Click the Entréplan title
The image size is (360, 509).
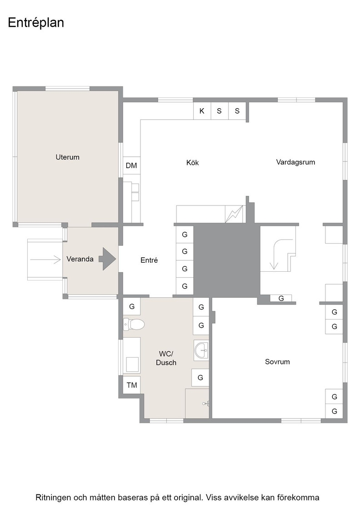[x=36, y=23]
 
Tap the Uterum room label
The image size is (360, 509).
[x=68, y=157]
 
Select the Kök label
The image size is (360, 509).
[x=192, y=162]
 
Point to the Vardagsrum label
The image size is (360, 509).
[x=295, y=162]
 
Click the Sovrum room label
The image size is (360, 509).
[x=277, y=362]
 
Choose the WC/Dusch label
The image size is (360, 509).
[x=166, y=358]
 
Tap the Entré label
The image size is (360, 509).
[x=149, y=260]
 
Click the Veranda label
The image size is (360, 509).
[x=80, y=259]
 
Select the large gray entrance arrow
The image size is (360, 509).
[x=107, y=259]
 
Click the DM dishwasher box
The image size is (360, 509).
[x=131, y=165]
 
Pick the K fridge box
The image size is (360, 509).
[x=202, y=111]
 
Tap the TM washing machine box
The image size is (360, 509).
[x=132, y=385]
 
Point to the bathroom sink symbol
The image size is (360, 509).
[x=201, y=350]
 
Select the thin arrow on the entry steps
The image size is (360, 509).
[x=45, y=259]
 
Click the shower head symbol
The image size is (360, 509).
[x=205, y=404]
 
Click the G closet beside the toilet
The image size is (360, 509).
[x=132, y=306]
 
